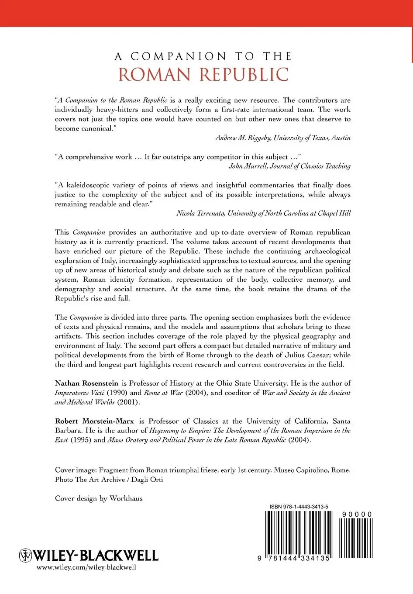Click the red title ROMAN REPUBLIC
click(x=203, y=75)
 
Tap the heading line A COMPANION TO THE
click(x=203, y=56)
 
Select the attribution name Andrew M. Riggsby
click(x=243, y=138)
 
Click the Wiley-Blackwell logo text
click(x=96, y=555)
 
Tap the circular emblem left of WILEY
click(x=26, y=555)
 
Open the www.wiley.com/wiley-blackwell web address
click(x=86, y=567)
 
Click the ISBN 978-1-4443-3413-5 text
click(x=299, y=507)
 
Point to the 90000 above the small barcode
click(x=357, y=515)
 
